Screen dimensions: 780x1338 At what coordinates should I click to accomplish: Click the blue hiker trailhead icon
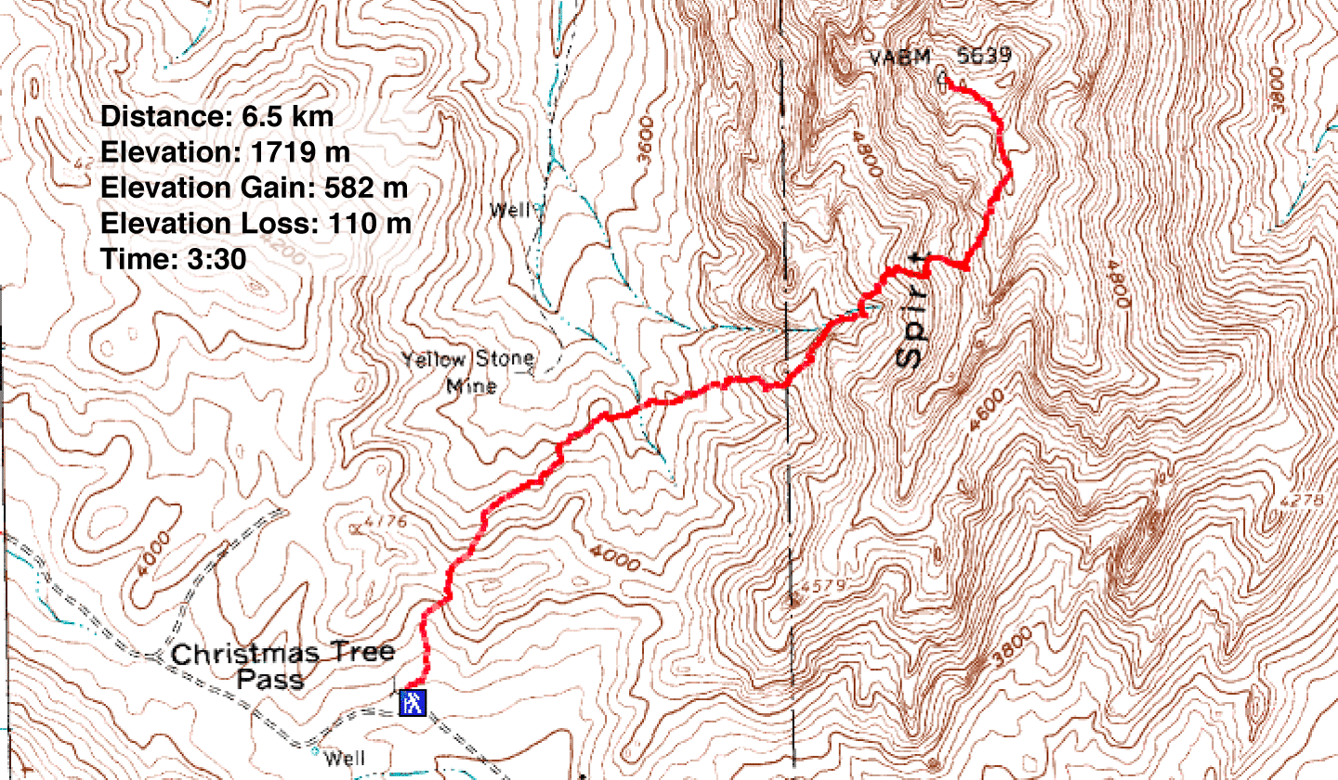412,702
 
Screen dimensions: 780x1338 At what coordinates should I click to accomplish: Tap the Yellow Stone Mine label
468,370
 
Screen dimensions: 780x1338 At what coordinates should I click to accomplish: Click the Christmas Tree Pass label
283,665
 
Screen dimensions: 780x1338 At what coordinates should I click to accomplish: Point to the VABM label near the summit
899,58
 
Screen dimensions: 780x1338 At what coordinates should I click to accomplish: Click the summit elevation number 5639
983,58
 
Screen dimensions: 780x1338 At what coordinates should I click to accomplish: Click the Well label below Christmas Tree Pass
338,759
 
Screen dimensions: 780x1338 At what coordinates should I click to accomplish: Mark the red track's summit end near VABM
949,84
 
